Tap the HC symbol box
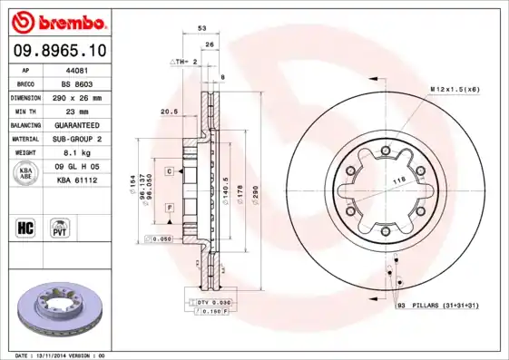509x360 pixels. pos(25,226)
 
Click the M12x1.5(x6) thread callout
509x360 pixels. pos(455,89)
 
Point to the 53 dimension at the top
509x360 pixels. pos(201,29)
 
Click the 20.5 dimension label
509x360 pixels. pos(168,112)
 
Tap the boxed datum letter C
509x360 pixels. pos(169,170)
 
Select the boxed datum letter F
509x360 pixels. pos(169,209)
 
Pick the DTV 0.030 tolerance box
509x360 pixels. pos(210,301)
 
